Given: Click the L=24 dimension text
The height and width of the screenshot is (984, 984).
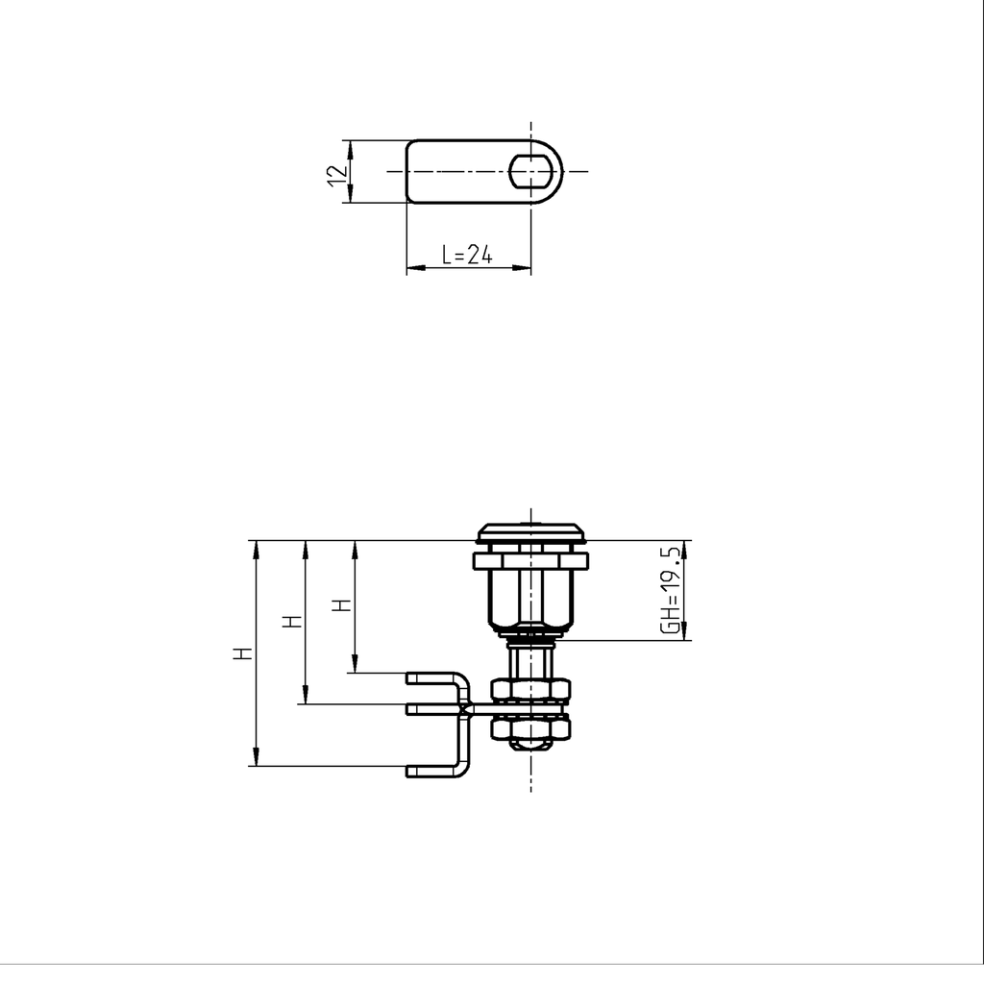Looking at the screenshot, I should tap(467, 255).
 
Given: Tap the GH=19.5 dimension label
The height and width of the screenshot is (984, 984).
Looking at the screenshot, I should tap(671, 589).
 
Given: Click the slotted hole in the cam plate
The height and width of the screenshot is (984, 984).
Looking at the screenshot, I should tap(530, 171).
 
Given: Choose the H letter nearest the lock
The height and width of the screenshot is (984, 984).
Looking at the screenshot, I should tap(343, 605).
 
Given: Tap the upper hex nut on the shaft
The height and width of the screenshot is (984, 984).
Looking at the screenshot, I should tap(530, 689).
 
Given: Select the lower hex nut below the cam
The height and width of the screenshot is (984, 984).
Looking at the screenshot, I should tap(530, 729).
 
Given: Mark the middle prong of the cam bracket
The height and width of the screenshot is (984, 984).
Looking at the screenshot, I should tap(432, 709).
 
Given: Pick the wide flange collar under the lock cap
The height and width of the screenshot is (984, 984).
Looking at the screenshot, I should tap(530, 559).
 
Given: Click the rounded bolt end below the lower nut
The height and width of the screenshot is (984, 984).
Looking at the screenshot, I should tap(530, 745).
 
